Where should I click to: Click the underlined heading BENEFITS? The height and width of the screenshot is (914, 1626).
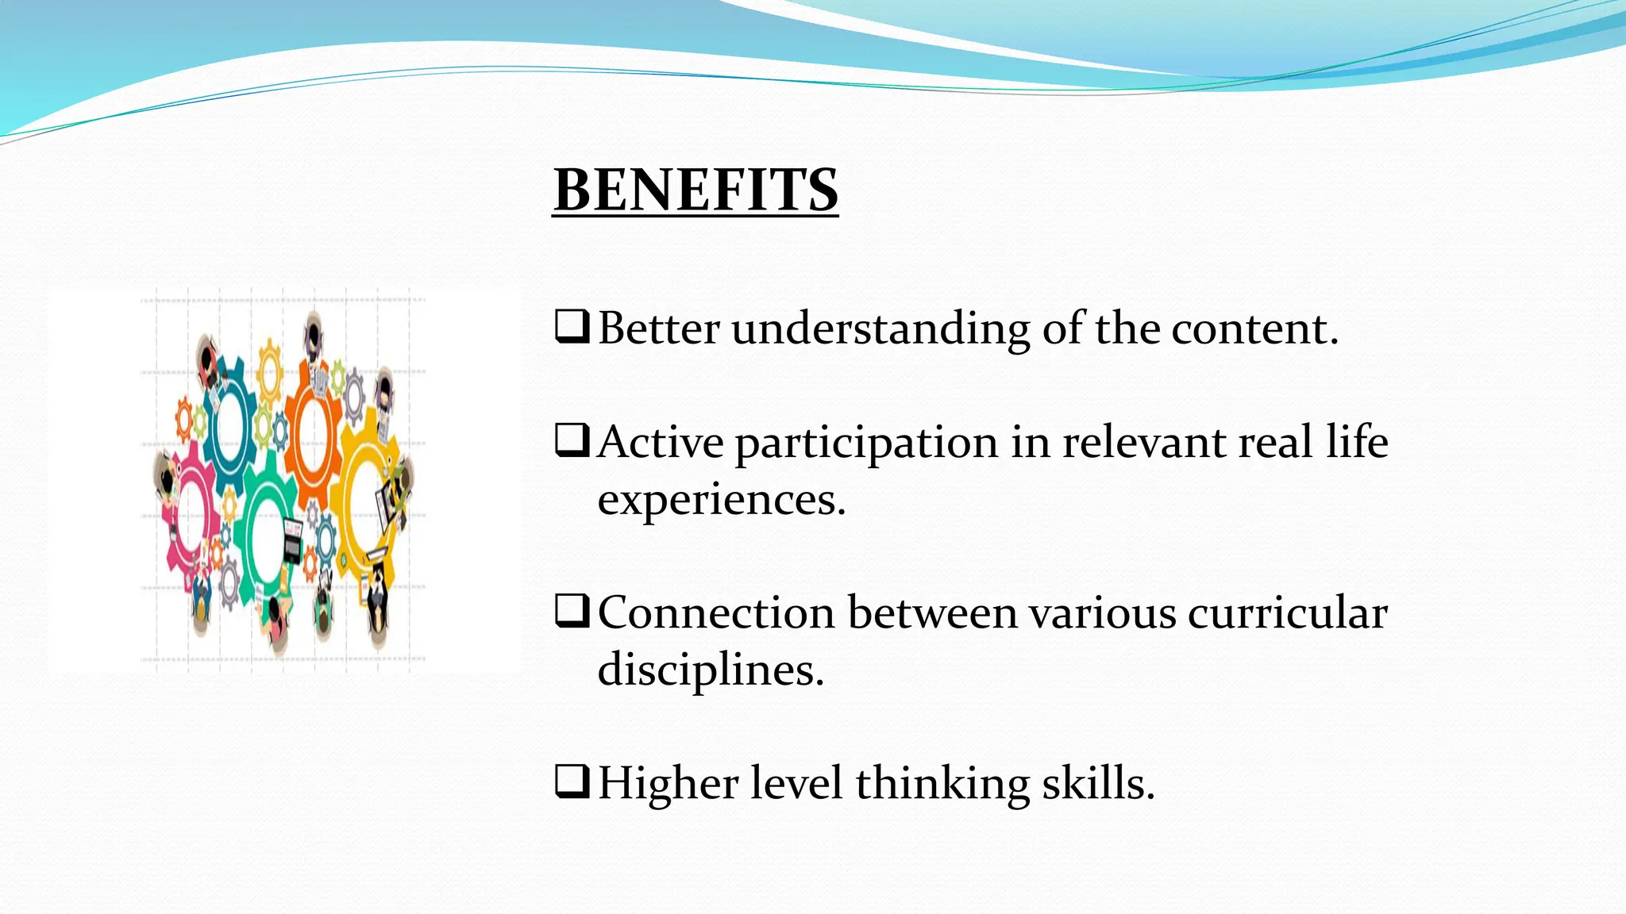pos(695,190)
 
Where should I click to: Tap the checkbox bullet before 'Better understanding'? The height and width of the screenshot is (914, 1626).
pos(572,326)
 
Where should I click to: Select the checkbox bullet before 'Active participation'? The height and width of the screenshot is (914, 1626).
pos(572,440)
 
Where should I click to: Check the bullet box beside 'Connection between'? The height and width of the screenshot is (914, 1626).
pos(572,611)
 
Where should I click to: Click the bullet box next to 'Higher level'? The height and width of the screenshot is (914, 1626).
pos(572,782)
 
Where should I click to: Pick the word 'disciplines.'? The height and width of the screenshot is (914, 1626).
pos(711,671)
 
